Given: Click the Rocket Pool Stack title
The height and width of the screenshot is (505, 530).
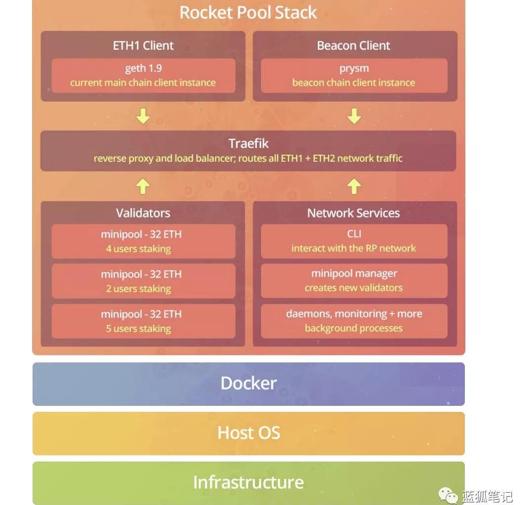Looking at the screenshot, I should (x=248, y=12).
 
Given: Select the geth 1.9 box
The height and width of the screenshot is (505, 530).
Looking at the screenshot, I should (x=143, y=75).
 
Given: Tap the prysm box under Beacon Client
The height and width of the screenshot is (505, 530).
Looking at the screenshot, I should (x=354, y=75).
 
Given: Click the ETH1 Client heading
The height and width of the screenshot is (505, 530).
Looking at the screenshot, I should (x=143, y=46).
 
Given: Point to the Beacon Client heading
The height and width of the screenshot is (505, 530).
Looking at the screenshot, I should (x=353, y=46).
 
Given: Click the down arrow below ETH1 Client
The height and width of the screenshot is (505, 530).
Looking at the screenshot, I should (x=143, y=116).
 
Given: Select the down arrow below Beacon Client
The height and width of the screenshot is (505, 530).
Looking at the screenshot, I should (x=354, y=116).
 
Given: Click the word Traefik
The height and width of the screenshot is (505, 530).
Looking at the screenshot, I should (x=248, y=144).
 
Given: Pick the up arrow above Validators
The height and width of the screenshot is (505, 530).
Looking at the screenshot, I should (x=143, y=186).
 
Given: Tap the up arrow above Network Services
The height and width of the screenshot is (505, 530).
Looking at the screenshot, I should (x=354, y=186).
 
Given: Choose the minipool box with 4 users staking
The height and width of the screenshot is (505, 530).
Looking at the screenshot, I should (x=143, y=241).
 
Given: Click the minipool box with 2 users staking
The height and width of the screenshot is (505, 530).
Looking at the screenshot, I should (x=143, y=281).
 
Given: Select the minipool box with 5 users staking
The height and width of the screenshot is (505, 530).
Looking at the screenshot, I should (x=143, y=321).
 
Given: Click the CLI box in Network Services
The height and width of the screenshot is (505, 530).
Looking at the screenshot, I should (x=354, y=241).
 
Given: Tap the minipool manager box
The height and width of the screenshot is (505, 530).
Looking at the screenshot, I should (x=354, y=281).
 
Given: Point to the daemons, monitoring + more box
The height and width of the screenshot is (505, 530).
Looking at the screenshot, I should (x=354, y=321).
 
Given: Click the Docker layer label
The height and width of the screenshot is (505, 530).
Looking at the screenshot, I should (x=249, y=384).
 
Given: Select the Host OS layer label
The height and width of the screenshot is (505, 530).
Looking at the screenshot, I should (x=249, y=433).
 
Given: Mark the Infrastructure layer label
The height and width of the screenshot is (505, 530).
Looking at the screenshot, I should (x=248, y=482).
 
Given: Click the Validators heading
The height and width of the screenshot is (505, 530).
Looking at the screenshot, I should (x=143, y=213).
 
